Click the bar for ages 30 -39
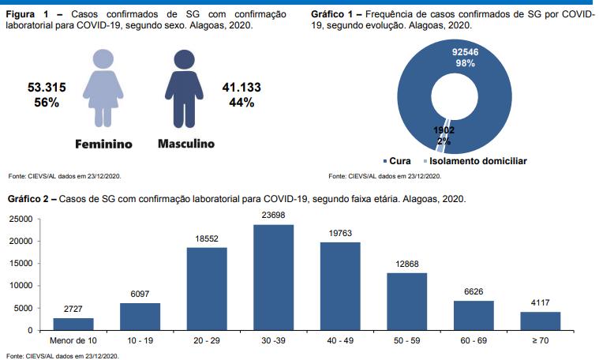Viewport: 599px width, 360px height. [x=273, y=277]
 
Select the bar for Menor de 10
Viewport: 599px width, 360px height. [x=73, y=324]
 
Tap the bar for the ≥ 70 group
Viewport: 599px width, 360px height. [x=540, y=321]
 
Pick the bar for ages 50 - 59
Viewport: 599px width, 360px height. [x=406, y=301]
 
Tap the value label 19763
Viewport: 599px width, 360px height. [x=339, y=232]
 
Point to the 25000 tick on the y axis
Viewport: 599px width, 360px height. [x=20, y=219]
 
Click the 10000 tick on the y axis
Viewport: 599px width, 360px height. [x=20, y=286]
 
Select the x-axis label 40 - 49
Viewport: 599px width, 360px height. [x=339, y=342]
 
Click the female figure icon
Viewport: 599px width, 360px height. [x=102, y=88]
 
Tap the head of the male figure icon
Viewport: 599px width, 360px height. [x=184, y=59]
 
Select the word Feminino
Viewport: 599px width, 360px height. [x=103, y=145]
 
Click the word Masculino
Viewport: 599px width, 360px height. [x=186, y=144]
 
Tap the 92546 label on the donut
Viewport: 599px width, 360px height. [x=465, y=52]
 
